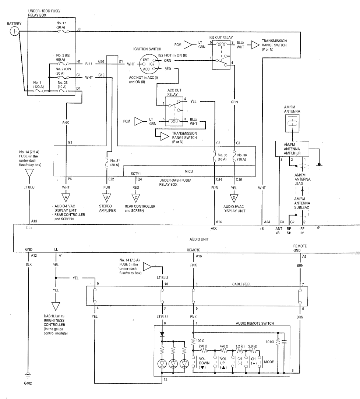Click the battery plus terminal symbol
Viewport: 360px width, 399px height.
pos(14,31)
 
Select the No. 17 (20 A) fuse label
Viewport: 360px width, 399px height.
pos(61,25)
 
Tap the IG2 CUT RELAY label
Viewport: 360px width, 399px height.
pos(221,38)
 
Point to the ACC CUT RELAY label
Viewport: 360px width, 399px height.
pos(174,92)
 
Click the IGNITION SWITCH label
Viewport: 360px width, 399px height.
pos(147,49)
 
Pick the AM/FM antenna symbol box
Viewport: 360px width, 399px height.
pos(292,123)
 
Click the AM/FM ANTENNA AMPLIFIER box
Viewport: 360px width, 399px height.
pos(292,149)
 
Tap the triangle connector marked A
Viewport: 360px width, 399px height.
pos(66,198)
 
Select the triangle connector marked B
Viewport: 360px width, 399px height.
pos(106,198)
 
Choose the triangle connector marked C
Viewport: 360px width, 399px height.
pos(136,198)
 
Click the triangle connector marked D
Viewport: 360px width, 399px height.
pos(234,198)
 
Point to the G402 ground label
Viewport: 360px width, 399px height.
pos(28,383)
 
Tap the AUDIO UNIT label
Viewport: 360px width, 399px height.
pos(199,239)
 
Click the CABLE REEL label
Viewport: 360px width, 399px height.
pos(241,284)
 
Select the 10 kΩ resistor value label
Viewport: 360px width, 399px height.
pos(269,342)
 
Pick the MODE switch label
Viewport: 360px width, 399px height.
pos(269,362)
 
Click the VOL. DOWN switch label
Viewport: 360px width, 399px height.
pos(204,363)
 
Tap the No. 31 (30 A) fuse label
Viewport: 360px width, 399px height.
pos(115,163)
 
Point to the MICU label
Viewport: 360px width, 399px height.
pos(189,171)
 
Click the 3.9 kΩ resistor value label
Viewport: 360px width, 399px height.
pos(253,346)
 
